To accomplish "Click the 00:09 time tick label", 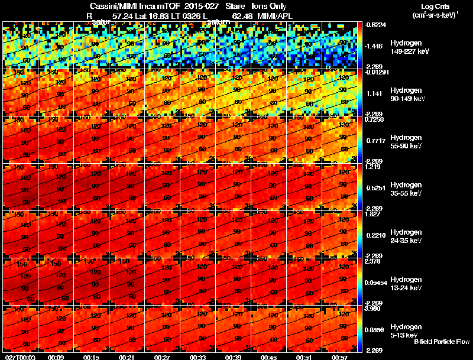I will tap(56, 356).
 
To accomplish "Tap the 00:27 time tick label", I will tap(163, 356).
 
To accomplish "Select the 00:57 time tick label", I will tap(340, 356).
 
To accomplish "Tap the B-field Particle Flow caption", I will tap(441, 342).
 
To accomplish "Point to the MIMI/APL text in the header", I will tap(276, 15).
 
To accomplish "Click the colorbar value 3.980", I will tap(374, 309).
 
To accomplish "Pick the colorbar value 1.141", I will tap(374, 93).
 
